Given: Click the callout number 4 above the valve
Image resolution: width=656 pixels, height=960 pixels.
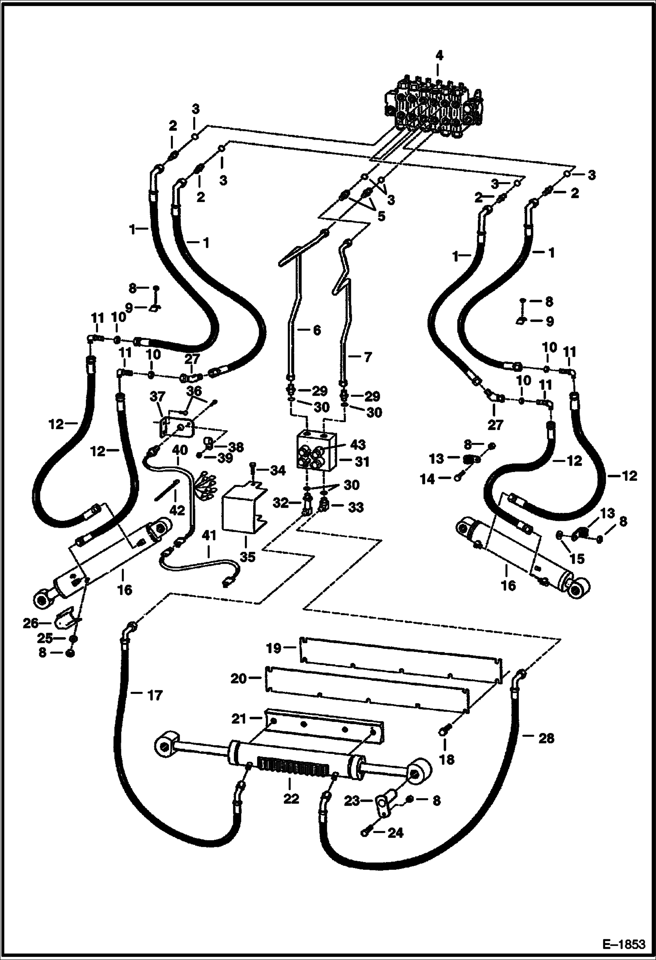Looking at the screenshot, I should (x=439, y=56).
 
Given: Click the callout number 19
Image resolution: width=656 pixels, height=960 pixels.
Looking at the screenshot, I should (x=274, y=648).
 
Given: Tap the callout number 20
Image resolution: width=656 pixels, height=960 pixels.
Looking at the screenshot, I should (x=239, y=679).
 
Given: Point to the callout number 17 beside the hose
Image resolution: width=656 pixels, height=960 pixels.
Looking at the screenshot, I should (x=154, y=694).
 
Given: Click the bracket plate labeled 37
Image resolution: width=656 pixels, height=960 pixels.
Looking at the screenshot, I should (x=175, y=428).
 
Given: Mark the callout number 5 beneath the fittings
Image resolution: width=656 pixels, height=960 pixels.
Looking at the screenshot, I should (x=381, y=216).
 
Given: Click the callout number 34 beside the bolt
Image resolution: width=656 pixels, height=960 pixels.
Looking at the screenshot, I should (x=278, y=470).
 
